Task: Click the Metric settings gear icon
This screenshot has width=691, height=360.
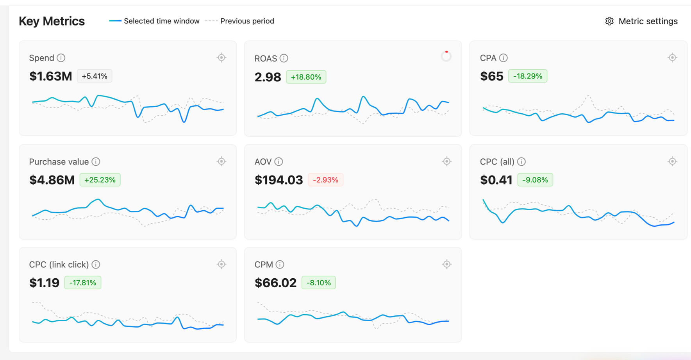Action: [609, 21]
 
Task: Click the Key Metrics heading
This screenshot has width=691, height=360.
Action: [52, 21]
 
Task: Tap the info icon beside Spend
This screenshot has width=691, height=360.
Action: [61, 58]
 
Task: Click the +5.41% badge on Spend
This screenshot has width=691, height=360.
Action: [95, 76]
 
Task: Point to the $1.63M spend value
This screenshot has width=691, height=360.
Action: [51, 76]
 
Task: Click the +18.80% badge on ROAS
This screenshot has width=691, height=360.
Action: [306, 77]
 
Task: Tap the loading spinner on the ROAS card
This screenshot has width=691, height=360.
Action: [446, 56]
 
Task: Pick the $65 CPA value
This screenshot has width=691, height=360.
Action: [491, 76]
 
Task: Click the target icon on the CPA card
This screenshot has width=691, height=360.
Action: [672, 58]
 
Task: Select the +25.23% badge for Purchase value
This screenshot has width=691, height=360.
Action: [100, 180]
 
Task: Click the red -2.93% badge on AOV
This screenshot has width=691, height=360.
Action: [325, 180]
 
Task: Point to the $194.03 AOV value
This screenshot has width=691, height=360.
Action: [279, 180]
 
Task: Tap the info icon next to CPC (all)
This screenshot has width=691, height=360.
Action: [521, 161]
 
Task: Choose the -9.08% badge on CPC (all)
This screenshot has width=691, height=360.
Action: [535, 180]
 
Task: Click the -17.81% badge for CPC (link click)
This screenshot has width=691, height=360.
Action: [82, 283]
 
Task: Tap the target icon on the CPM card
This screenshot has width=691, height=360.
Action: [446, 264]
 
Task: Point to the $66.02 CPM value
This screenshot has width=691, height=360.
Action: [275, 283]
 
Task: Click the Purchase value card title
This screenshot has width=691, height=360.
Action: [59, 161]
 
